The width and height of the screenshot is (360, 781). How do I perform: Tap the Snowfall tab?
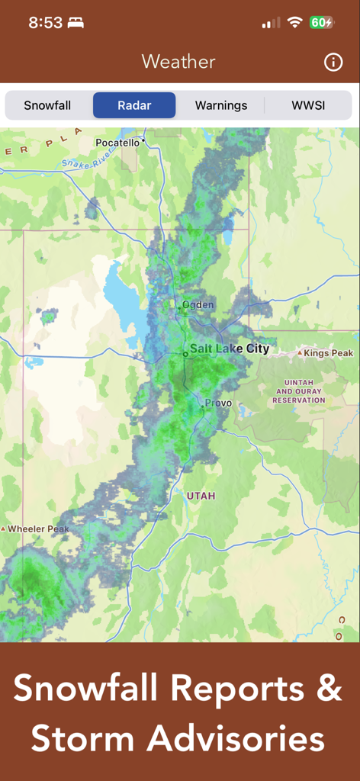pos(47,105)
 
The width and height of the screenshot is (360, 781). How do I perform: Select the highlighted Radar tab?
pos(134,105)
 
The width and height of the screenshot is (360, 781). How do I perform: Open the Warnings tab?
pos(221,105)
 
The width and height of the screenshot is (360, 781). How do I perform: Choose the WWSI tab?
pos(308,105)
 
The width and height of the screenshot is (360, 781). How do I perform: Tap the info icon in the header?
pos(333,63)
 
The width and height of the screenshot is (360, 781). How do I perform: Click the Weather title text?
pos(178,62)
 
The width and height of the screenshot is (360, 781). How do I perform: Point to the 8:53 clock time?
pos(45,23)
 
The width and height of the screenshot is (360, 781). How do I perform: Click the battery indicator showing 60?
pos(320,23)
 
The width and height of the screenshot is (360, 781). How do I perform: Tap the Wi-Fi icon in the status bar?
pos(294,23)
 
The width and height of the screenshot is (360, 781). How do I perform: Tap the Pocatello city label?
pos(118,143)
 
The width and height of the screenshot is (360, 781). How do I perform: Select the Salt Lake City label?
pos(230,349)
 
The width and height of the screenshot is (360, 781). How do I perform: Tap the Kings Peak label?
pos(328,353)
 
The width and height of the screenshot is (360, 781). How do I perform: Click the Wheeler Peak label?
pos(38,529)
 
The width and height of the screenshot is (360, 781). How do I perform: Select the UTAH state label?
pos(201,496)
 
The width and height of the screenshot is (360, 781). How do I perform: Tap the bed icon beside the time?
pos(76,23)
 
